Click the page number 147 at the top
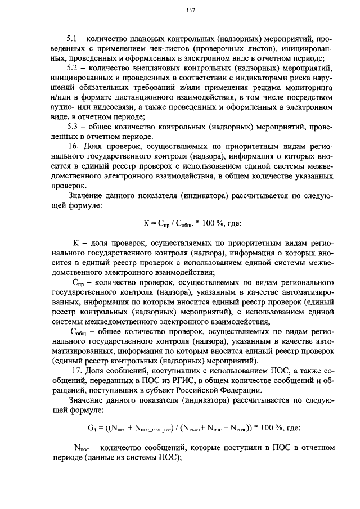(190, 11)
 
